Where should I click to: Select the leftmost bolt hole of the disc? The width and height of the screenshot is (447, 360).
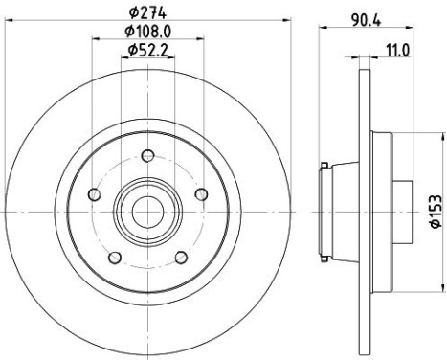click(93, 194)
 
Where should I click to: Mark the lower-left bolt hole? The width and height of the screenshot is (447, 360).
click(114, 257)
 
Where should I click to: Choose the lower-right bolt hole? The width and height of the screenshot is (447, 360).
click(181, 257)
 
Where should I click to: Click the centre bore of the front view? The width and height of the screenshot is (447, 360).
click(147, 209)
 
